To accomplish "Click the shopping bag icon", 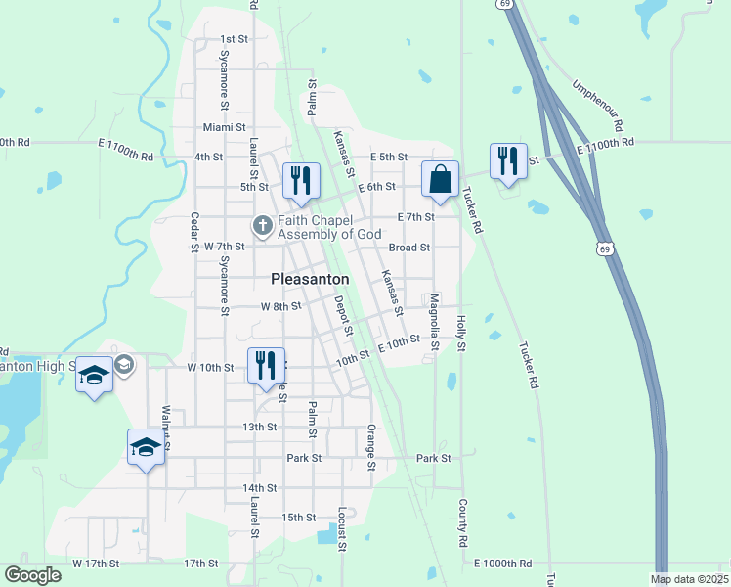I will tap(440, 179).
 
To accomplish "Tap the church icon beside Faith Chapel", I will tap(262, 226).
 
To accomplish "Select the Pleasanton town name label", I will tap(310, 279).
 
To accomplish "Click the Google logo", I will tap(32, 575).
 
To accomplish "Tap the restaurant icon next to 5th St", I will tap(301, 180).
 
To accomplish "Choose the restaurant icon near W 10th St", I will tap(266, 366).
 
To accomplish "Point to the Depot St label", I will tap(343, 316).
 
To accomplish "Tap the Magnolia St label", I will tap(435, 327).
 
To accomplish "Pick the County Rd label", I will tap(460, 522).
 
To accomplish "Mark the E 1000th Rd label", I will tap(503, 564).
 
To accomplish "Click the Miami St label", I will tap(225, 127).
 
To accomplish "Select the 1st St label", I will tap(235, 39).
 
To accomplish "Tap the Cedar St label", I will tap(194, 232).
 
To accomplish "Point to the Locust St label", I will tap(341, 529).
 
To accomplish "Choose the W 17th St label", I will tap(96, 564).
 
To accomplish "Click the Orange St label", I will tap(371, 446).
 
